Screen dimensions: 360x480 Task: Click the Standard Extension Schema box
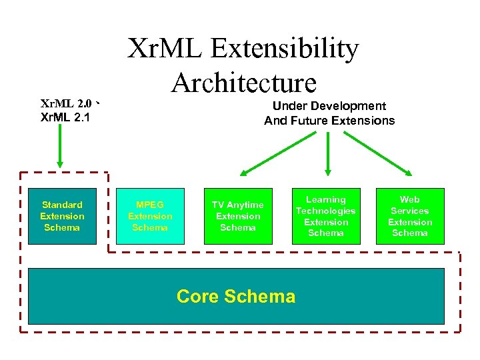click(62, 216)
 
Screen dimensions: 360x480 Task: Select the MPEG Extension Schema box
click(150, 216)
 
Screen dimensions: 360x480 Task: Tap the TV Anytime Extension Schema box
click(237, 216)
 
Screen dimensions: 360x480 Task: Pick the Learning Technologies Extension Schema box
click(325, 216)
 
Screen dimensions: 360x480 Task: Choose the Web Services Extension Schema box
click(409, 216)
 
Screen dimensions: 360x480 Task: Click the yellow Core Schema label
click(236, 296)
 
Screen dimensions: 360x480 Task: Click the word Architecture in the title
click(243, 83)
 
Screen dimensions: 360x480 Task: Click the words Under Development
click(329, 106)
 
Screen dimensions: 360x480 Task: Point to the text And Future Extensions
click(329, 121)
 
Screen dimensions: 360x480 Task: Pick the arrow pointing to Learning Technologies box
click(328, 154)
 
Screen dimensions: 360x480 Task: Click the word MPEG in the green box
click(150, 205)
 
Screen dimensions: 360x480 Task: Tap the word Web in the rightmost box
click(409, 199)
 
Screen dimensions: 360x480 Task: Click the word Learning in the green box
click(325, 199)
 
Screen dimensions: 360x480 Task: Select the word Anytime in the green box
click(246, 205)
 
